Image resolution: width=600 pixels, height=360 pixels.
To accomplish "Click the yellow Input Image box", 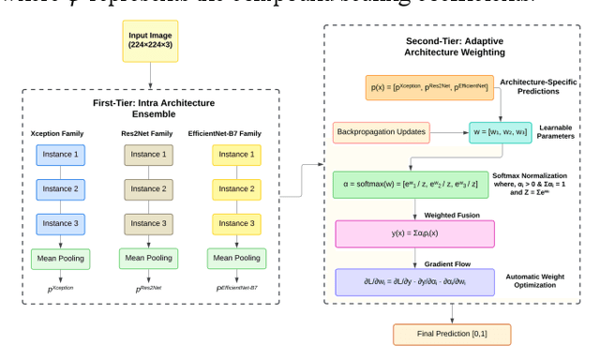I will (150, 41).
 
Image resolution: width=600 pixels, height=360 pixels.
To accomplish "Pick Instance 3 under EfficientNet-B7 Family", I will (237, 225).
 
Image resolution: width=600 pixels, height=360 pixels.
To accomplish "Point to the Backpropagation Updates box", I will (381, 133).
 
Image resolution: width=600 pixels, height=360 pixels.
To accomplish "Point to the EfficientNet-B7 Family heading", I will (237, 133).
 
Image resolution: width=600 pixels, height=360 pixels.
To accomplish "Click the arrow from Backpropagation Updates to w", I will (450, 133).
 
